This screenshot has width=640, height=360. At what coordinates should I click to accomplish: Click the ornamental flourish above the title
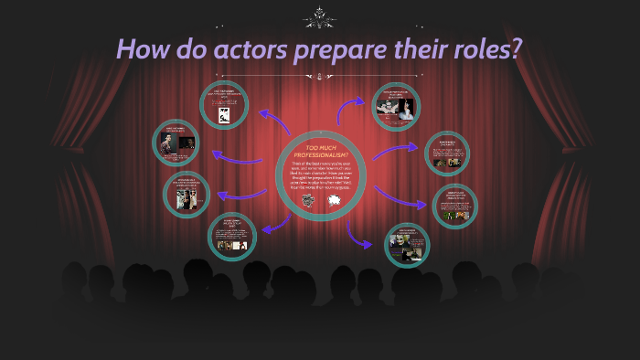(320, 15)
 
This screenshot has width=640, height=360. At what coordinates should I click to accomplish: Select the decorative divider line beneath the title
(320, 77)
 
